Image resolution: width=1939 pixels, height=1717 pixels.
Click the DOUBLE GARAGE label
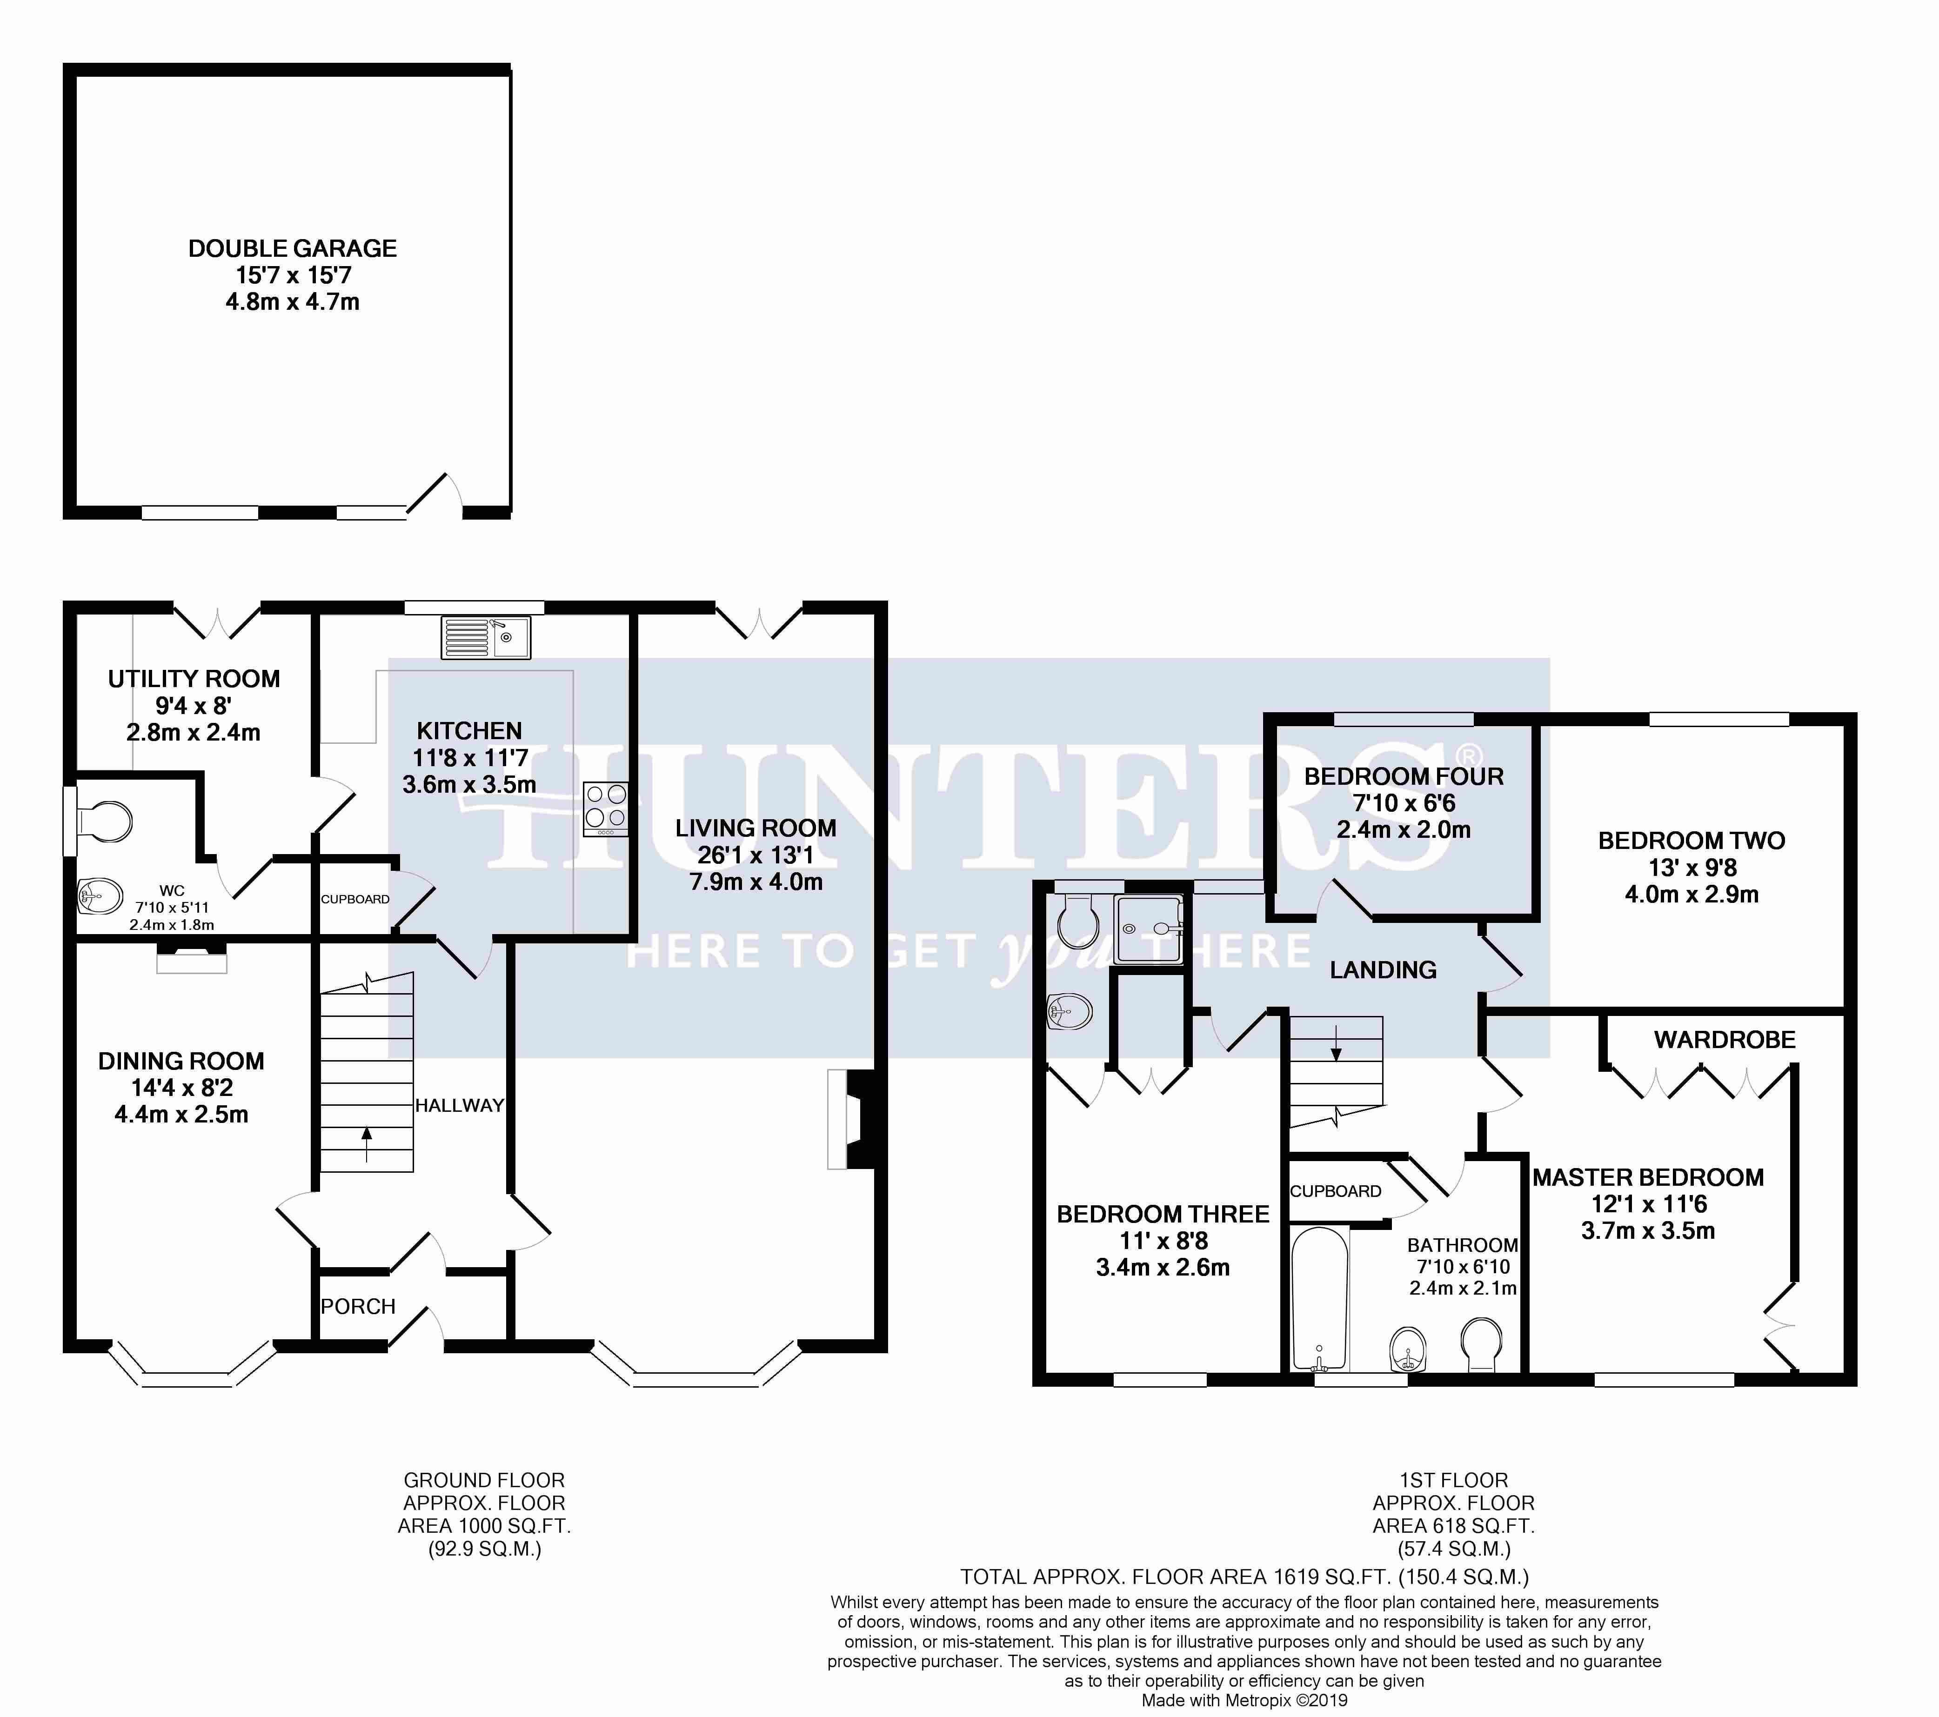coord(292,248)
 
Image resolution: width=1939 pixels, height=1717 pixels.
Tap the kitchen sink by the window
coord(486,637)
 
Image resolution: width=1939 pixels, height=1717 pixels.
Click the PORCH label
coord(358,1307)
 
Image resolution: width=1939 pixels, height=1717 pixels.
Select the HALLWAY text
coord(459,1105)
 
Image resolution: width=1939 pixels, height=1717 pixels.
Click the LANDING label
coord(1383,969)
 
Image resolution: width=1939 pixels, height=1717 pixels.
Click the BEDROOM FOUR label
coord(1404,776)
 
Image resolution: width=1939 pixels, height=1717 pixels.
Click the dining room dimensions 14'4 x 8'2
coord(181,1088)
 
